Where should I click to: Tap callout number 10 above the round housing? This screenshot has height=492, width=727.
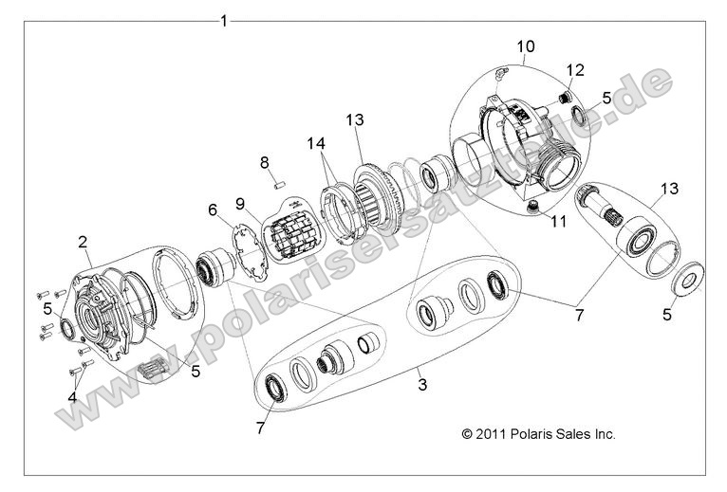[x=525, y=46]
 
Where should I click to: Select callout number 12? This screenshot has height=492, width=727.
[x=575, y=69]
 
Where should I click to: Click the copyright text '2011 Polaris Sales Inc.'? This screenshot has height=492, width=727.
[x=538, y=434]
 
